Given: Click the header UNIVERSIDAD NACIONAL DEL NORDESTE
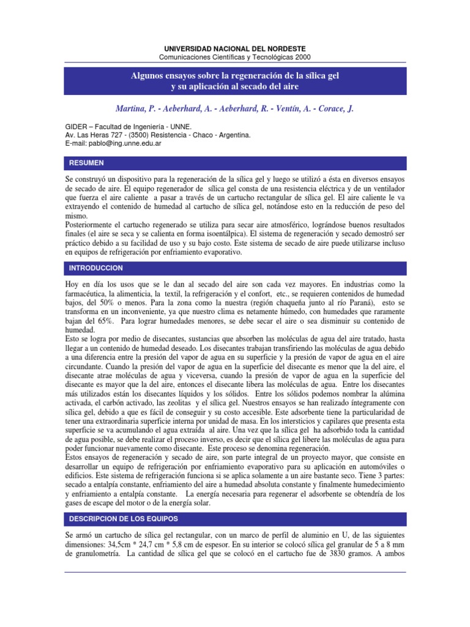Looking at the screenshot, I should (x=234, y=48).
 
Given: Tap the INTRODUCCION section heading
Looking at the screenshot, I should (x=96, y=268).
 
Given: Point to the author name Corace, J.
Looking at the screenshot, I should (x=338, y=108).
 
